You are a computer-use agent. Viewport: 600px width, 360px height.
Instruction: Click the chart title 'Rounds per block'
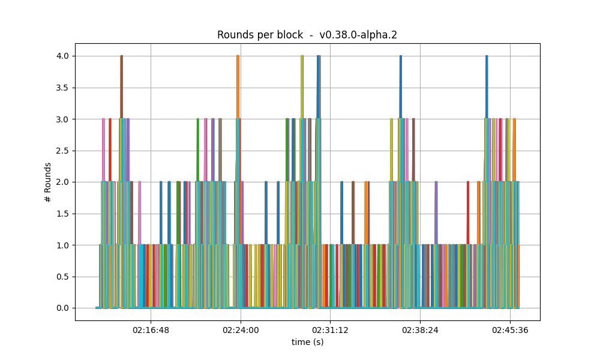(260, 35)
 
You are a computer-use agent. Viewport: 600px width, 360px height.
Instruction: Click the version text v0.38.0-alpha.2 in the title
(358, 35)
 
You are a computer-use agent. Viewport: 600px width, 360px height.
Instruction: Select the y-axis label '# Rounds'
(48, 182)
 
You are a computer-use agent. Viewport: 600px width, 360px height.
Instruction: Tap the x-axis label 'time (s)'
(307, 342)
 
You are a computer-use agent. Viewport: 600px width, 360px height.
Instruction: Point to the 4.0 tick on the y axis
(62, 56)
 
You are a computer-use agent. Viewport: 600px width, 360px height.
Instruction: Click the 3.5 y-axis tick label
(62, 88)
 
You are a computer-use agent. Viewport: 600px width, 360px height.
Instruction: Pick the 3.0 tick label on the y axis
(62, 119)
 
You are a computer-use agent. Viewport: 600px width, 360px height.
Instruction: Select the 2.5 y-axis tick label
(62, 151)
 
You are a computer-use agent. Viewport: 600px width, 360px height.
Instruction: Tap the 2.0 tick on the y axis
(62, 182)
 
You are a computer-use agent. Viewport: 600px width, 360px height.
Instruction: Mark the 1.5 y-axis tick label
(62, 214)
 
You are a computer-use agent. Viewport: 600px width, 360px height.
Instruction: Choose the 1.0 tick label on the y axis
(62, 245)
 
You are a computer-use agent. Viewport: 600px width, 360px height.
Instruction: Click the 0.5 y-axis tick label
(62, 277)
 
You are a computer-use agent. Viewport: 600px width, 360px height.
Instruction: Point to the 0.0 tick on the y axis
(62, 308)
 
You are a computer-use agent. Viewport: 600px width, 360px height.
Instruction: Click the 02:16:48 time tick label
(151, 330)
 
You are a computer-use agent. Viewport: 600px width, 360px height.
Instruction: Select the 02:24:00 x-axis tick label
(241, 330)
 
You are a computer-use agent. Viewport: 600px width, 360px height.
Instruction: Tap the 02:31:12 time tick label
(330, 330)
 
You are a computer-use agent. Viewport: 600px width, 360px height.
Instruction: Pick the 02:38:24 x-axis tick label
(420, 330)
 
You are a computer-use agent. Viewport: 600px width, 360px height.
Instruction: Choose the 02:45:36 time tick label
(510, 330)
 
